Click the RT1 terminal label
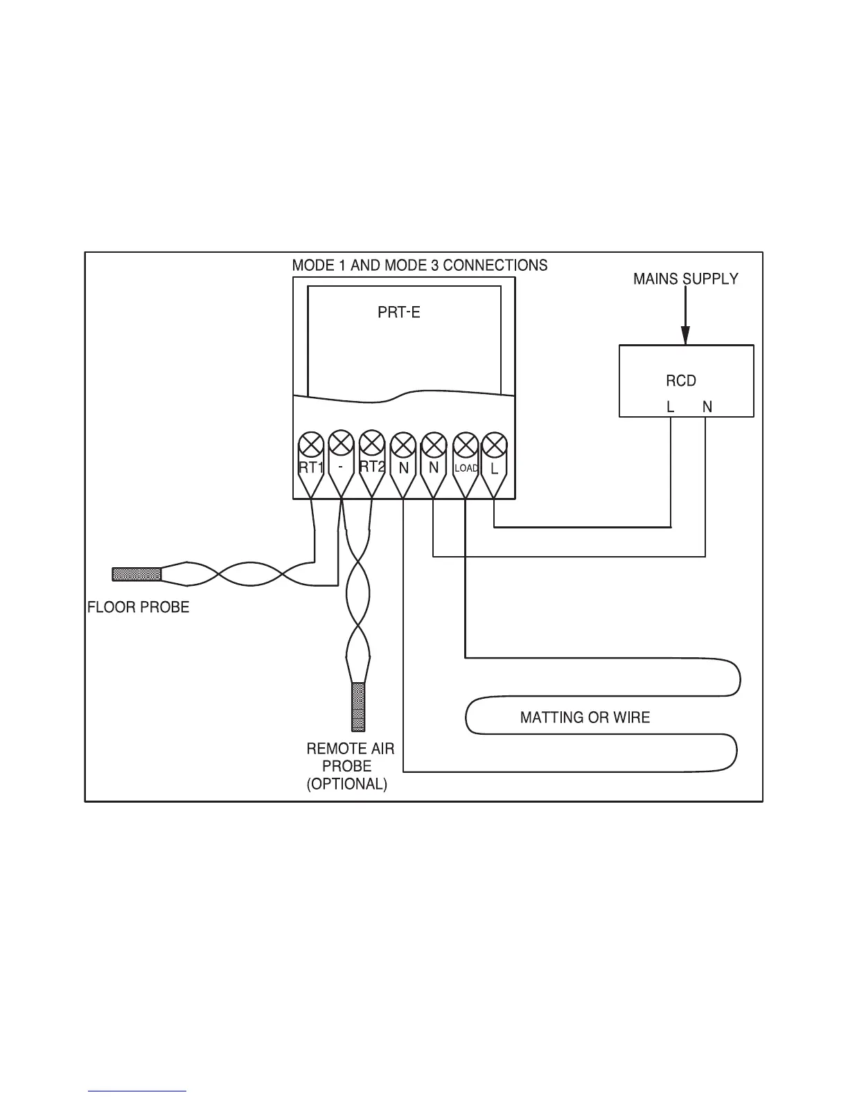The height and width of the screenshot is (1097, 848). point(310,467)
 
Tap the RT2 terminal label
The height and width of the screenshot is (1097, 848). point(372,466)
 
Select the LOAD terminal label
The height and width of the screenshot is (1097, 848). point(466,468)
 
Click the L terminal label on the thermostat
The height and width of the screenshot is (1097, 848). point(494,468)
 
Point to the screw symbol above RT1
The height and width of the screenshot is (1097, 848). point(311,443)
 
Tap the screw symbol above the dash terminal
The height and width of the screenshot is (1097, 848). point(341,443)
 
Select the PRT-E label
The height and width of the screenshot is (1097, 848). point(398,312)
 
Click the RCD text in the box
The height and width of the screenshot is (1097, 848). point(680,381)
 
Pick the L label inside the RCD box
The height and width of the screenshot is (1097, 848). point(670,407)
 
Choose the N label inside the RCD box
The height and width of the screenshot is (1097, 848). point(707,407)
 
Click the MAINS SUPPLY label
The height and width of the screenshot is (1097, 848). point(685,279)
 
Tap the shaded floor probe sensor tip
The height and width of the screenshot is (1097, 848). point(136,573)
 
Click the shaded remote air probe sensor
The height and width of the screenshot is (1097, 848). point(358,707)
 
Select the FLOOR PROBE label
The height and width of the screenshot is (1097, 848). point(138,607)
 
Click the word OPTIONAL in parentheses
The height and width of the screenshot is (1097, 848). point(346,784)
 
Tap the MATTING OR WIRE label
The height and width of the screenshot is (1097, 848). point(585,717)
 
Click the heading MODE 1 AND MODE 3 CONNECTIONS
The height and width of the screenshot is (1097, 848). point(419,265)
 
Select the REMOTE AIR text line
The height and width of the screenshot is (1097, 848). point(350,749)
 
